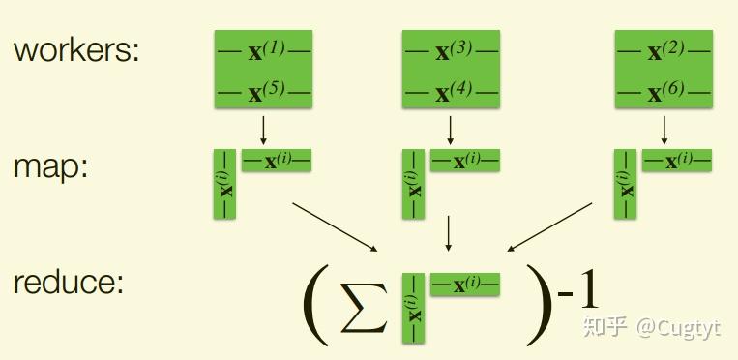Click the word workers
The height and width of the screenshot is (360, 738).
click(76, 50)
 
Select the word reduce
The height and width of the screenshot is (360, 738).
click(69, 284)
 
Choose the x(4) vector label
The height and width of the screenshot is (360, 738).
click(452, 93)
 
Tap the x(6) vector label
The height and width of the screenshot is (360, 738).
click(664, 93)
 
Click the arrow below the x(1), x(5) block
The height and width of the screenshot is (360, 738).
click(263, 129)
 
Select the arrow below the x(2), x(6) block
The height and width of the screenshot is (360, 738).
click(664, 129)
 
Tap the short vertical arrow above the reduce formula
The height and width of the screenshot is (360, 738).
click(448, 231)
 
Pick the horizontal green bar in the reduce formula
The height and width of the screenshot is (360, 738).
click(464, 284)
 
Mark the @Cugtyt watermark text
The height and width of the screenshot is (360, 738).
click(678, 328)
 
